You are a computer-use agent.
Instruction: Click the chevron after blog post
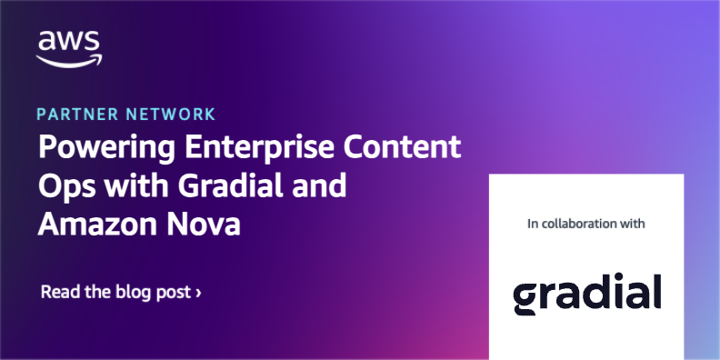(x=198, y=294)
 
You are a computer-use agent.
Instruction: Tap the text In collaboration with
(x=585, y=223)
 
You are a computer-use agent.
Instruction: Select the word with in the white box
(x=632, y=223)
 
